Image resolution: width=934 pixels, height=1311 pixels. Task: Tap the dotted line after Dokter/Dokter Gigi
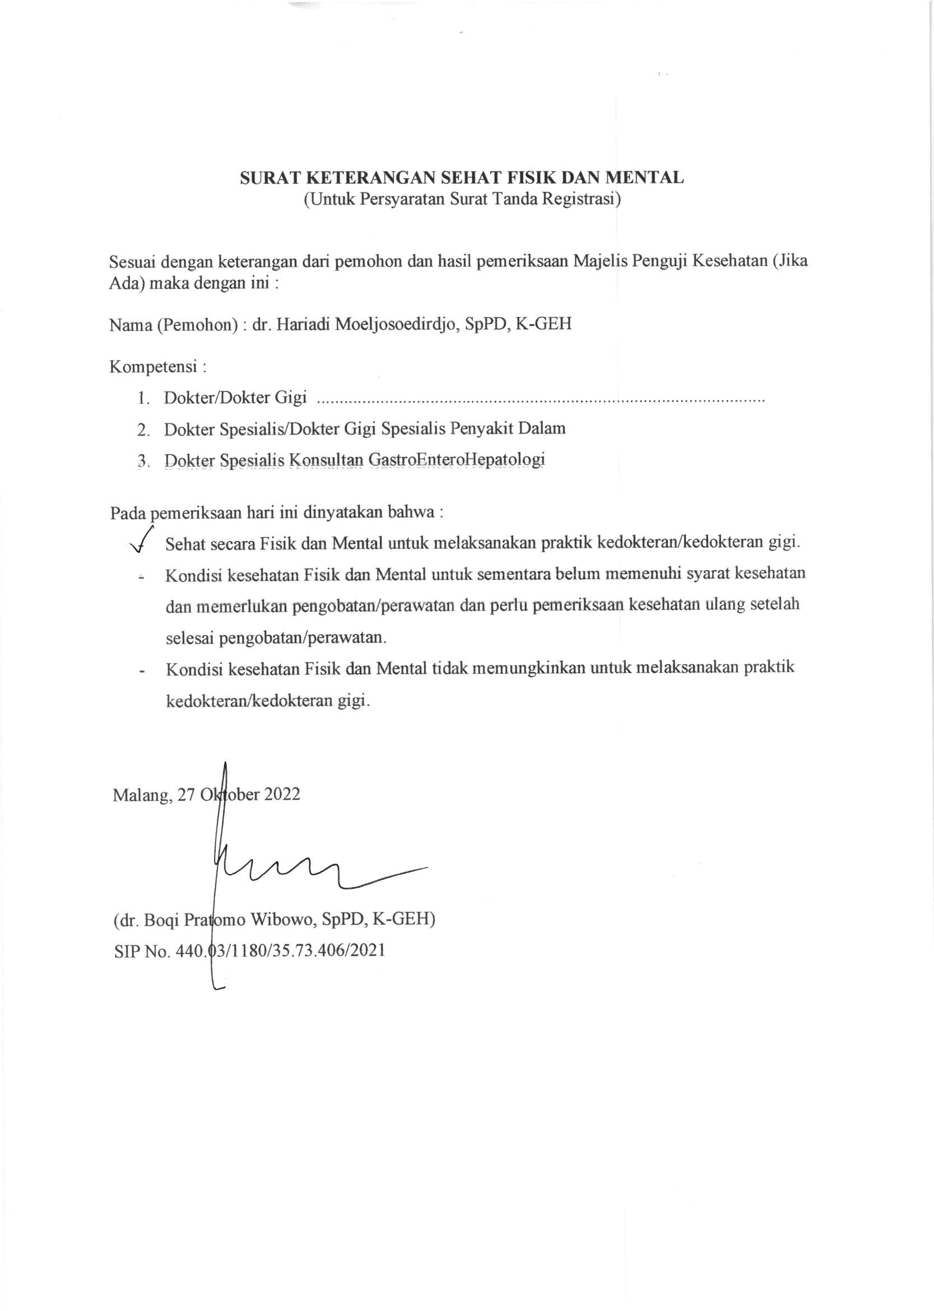pos(541,399)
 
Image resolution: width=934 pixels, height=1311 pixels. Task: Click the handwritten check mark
pos(142,540)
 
